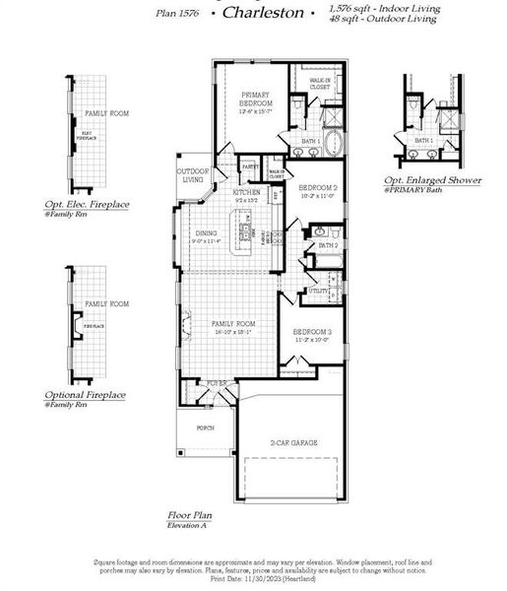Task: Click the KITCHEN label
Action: [246, 192]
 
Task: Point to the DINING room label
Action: [205, 233]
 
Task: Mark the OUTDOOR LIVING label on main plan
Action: [193, 175]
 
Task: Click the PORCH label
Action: [205, 427]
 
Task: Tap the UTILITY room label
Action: [319, 291]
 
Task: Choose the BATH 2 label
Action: [328, 245]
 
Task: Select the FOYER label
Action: [217, 382]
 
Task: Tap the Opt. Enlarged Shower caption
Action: [433, 180]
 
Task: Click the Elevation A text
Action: [188, 526]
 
